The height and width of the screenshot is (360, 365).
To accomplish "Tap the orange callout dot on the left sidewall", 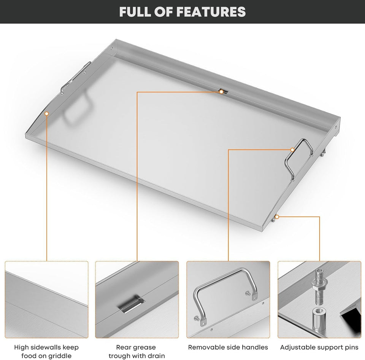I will [x=47, y=113].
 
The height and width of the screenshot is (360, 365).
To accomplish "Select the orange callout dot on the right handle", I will [x=292, y=150].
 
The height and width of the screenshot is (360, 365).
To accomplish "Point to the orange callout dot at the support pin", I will [x=277, y=217].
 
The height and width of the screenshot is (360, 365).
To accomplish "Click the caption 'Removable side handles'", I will [x=228, y=347].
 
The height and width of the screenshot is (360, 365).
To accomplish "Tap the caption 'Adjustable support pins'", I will [x=319, y=347].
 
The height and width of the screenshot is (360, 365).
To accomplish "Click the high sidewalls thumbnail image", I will [x=46, y=299].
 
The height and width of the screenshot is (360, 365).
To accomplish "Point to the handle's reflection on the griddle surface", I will [x=78, y=110].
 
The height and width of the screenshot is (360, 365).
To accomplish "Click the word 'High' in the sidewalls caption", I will [x=22, y=347].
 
